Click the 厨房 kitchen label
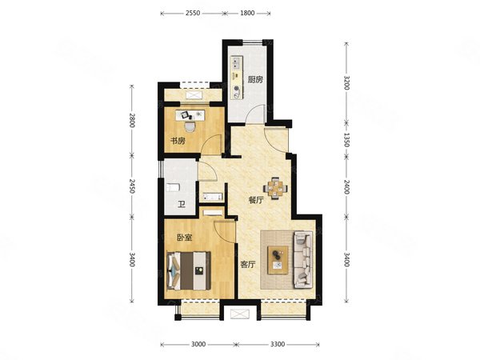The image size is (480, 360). pos(255,80)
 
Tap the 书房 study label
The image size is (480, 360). pos(178,141)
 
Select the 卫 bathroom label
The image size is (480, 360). pos(182,204)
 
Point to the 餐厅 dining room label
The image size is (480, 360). pos(256,201)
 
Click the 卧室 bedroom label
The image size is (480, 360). pos(185,238)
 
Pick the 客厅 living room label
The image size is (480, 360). pos(248,265)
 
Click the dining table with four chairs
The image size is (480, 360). pos(278,188)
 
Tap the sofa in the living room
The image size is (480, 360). pos(303,260)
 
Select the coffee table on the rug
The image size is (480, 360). pos(278,260)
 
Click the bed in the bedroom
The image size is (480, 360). pos(189,270)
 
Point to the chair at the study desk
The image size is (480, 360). pos(190,126)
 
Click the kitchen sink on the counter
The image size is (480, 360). pos(236,62)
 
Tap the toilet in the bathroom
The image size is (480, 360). pos(172,187)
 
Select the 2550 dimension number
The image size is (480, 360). pos(193,13)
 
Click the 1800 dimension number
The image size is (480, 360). pos(247,13)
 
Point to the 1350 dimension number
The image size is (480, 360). pos(346,139)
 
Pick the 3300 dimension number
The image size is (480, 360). pos(278,344)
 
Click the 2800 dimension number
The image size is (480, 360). pos(132,120)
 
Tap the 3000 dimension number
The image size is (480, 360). pos(198,344)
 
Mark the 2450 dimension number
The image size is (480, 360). pos(132,186)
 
